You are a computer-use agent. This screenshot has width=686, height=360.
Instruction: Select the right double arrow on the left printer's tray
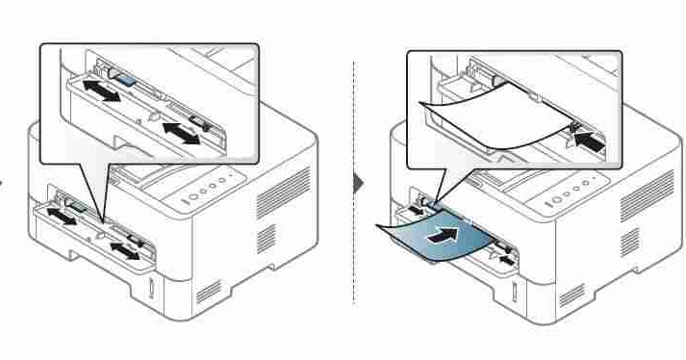tap(123, 252)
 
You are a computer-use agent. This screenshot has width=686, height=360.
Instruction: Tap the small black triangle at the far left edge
tap(3, 182)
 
